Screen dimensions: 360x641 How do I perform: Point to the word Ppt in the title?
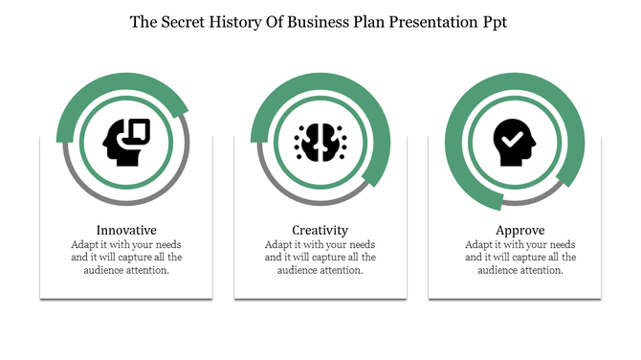pyautogui.click(x=493, y=22)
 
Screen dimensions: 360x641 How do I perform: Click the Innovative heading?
pyautogui.click(x=126, y=230)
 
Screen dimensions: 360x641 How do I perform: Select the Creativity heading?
pyautogui.click(x=320, y=230)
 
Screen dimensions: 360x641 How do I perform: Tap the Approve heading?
pyautogui.click(x=520, y=230)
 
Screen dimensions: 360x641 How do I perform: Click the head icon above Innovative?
pyautogui.click(x=125, y=143)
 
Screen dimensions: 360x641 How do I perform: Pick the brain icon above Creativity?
pyautogui.click(x=320, y=143)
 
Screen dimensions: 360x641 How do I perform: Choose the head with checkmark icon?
pyautogui.click(x=515, y=143)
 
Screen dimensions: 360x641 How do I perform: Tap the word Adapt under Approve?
pyautogui.click(x=477, y=244)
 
